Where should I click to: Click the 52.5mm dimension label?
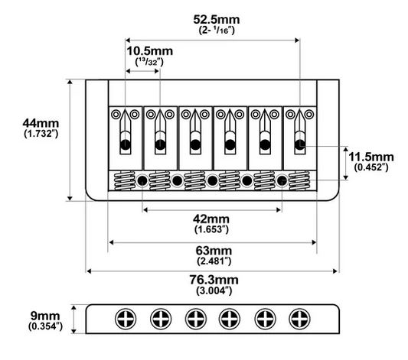[217, 20]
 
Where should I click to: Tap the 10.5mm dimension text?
[149, 51]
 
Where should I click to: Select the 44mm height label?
[41, 123]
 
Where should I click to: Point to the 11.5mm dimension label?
[371, 157]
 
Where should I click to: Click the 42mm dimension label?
[211, 219]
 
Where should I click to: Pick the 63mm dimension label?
[214, 251]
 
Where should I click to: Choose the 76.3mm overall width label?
[214, 280]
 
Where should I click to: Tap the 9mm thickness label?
[45, 316]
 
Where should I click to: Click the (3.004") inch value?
[214, 290]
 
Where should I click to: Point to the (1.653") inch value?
[211, 229]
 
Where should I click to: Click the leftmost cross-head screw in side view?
[126, 319]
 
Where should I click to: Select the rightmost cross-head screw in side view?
[300, 319]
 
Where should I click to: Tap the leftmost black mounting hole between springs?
[142, 180]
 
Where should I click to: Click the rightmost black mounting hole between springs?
[282, 180]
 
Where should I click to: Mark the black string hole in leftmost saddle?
[126, 144]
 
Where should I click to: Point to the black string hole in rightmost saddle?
[300, 144]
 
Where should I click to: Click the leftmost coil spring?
[124, 181]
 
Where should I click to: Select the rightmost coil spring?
[299, 181]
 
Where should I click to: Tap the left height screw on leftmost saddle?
[116, 114]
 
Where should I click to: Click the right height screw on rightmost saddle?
[309, 114]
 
